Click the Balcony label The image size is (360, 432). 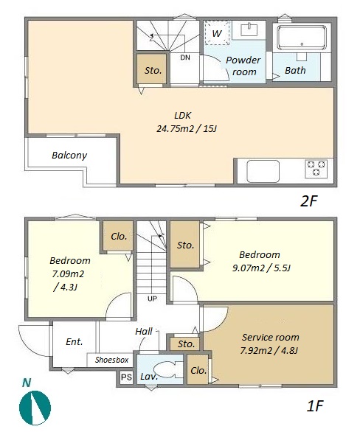tap(69, 156)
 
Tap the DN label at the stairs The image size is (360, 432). tap(185, 58)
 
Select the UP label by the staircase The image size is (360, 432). tap(152, 299)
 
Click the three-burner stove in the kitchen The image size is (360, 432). tap(316, 168)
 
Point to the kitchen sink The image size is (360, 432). tap(263, 171)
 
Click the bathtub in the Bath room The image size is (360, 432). tap(302, 38)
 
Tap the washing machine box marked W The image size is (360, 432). tap(217, 32)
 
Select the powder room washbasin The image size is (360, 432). tap(249, 29)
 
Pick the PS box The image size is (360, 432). tap(127, 377)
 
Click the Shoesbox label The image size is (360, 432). tap(111, 360)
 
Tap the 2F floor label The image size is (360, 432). tap(308, 201)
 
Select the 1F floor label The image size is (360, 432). tap(314, 405)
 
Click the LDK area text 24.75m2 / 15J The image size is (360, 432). tap(187, 129)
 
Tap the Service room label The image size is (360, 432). tap(271, 337)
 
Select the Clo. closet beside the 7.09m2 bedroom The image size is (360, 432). tap(119, 236)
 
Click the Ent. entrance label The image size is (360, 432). tap(75, 342)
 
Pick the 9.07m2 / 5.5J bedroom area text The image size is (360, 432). tap(261, 268)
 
